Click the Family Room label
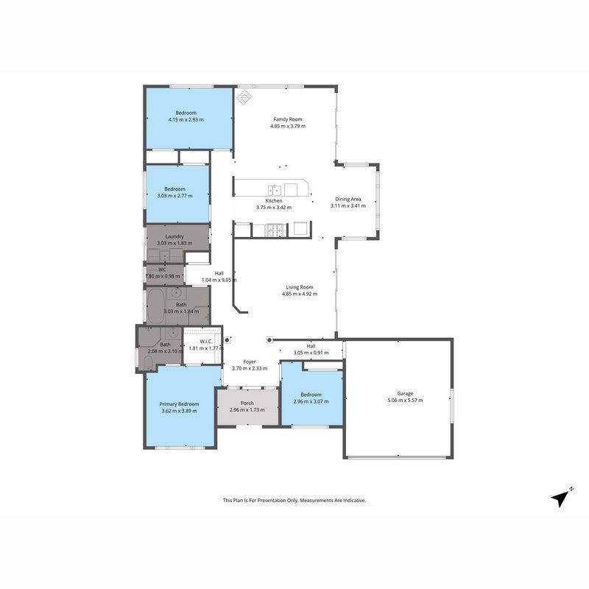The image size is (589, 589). coord(288,119)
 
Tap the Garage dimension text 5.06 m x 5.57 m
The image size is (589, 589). coord(405,401)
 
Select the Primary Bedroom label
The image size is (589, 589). coord(179,404)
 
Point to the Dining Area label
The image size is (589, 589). coord(348,199)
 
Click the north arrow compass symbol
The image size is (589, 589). coord(561,498)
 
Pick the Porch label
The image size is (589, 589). coord(247,403)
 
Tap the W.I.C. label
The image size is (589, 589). coord(206,342)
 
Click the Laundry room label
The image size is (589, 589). coord(174,236)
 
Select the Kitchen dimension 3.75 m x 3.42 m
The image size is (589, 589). coord(274,208)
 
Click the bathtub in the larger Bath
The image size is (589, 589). coord(155,306)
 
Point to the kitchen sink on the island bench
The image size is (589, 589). coord(274,190)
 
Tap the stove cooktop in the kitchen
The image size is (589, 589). coord(275,230)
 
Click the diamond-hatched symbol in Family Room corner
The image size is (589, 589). coord(244,97)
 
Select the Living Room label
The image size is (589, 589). coord(300,287)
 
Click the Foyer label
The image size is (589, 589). coord(250,361)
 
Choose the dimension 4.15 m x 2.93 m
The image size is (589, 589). coord(186,120)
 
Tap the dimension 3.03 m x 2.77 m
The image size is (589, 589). coord(174,196)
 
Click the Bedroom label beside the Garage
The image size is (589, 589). coord(311,395)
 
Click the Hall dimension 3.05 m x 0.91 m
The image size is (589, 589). coord(311,353)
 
